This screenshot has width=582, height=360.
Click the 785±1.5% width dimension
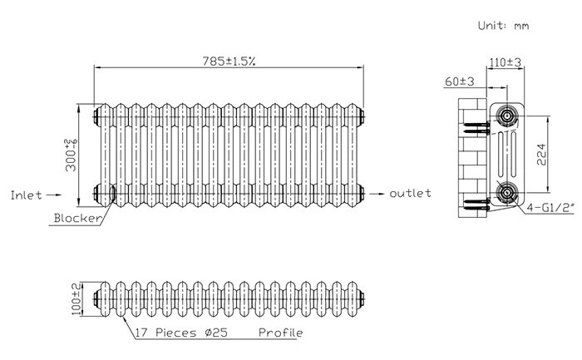point(229,61)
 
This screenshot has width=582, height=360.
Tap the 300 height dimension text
point(71,155)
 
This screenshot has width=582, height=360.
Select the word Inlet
point(26,195)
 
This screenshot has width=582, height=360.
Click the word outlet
point(410,193)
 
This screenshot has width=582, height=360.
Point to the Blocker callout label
point(77,218)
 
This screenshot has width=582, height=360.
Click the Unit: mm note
point(503,26)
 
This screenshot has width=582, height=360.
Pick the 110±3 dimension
point(506,62)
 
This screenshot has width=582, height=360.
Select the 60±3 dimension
point(460,81)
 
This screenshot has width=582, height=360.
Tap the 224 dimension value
point(541,155)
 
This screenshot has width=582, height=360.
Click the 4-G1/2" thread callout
point(550,207)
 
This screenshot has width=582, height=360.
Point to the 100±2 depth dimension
point(76,299)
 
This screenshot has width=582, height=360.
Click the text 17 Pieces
point(165,333)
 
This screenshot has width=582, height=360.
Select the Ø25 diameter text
point(216,333)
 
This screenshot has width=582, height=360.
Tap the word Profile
point(281,333)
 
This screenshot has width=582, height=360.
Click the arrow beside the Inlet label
point(53,195)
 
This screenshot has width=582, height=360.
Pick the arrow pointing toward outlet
point(377,194)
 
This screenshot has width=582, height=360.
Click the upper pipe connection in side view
point(506,116)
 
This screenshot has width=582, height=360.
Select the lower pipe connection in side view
point(506,193)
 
